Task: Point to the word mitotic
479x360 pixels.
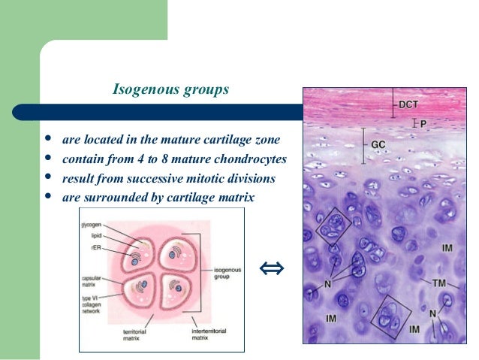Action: tap(208, 179)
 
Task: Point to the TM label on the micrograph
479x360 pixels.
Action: tap(441, 284)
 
